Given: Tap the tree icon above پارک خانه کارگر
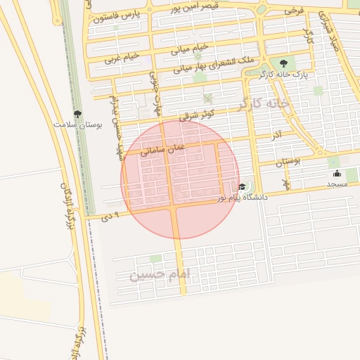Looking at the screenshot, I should click(283, 63).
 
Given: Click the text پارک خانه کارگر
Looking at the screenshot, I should click(284, 74).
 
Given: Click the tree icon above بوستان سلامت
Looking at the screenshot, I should click(77, 113).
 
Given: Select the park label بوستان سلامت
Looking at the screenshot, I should click(78, 124).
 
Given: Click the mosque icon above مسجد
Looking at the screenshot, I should click(337, 174).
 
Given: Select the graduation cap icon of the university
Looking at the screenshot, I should click(242, 186).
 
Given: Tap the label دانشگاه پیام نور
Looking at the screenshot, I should click(242, 198).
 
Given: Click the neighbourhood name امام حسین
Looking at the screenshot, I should click(160, 274).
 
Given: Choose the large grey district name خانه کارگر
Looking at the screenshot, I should click(264, 103).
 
